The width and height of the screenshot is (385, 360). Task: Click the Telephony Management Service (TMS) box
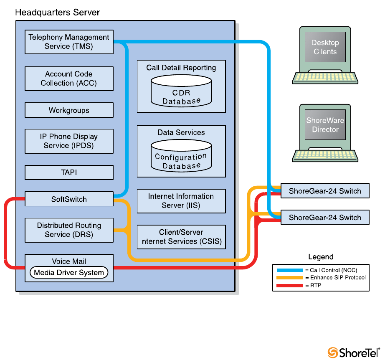click(x=69, y=42)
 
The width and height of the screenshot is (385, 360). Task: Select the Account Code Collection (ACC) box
click(x=69, y=79)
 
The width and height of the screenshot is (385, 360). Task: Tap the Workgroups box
click(x=69, y=111)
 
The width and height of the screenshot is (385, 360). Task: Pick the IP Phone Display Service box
click(x=69, y=141)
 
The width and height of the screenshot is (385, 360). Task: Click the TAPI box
click(x=69, y=172)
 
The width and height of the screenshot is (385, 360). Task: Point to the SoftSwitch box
click(x=69, y=199)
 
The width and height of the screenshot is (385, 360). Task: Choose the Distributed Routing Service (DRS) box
click(x=69, y=230)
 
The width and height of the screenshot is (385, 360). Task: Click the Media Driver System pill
click(x=69, y=273)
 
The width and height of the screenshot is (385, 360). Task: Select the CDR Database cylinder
click(x=181, y=90)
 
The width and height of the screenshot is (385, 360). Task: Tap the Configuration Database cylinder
click(x=181, y=155)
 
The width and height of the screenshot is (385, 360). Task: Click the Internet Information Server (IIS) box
click(x=181, y=201)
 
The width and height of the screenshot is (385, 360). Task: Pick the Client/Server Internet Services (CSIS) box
click(x=181, y=237)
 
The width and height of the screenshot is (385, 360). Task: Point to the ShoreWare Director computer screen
click(x=325, y=125)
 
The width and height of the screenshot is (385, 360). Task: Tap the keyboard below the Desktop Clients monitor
click(x=325, y=77)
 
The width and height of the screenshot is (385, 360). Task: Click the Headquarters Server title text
click(x=58, y=13)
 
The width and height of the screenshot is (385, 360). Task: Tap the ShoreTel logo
click(x=354, y=352)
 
